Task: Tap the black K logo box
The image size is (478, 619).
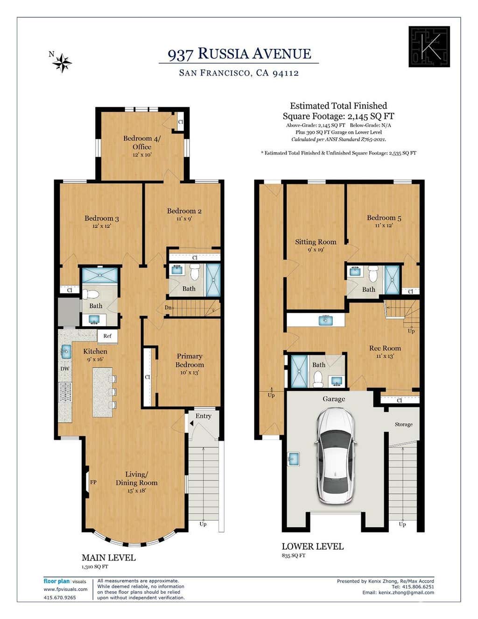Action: (429, 47)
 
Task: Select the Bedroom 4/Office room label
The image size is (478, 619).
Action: (142, 143)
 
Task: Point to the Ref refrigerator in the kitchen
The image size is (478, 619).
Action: (107, 336)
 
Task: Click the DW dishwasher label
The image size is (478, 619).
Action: (65, 368)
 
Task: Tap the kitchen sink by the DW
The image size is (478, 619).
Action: (66, 351)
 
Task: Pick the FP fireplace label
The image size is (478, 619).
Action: (93, 482)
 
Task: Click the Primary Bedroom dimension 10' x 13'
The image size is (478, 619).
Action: (190, 372)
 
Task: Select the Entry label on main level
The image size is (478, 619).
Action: (203, 416)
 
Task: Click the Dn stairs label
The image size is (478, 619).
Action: (168, 308)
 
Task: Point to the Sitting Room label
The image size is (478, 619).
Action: (316, 242)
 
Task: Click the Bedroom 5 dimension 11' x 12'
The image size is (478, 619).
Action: (384, 225)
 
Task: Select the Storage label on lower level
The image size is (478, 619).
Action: (403, 425)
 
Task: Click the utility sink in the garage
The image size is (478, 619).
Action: (293, 459)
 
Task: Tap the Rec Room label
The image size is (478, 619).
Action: (385, 348)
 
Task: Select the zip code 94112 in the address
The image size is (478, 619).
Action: (286, 73)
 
